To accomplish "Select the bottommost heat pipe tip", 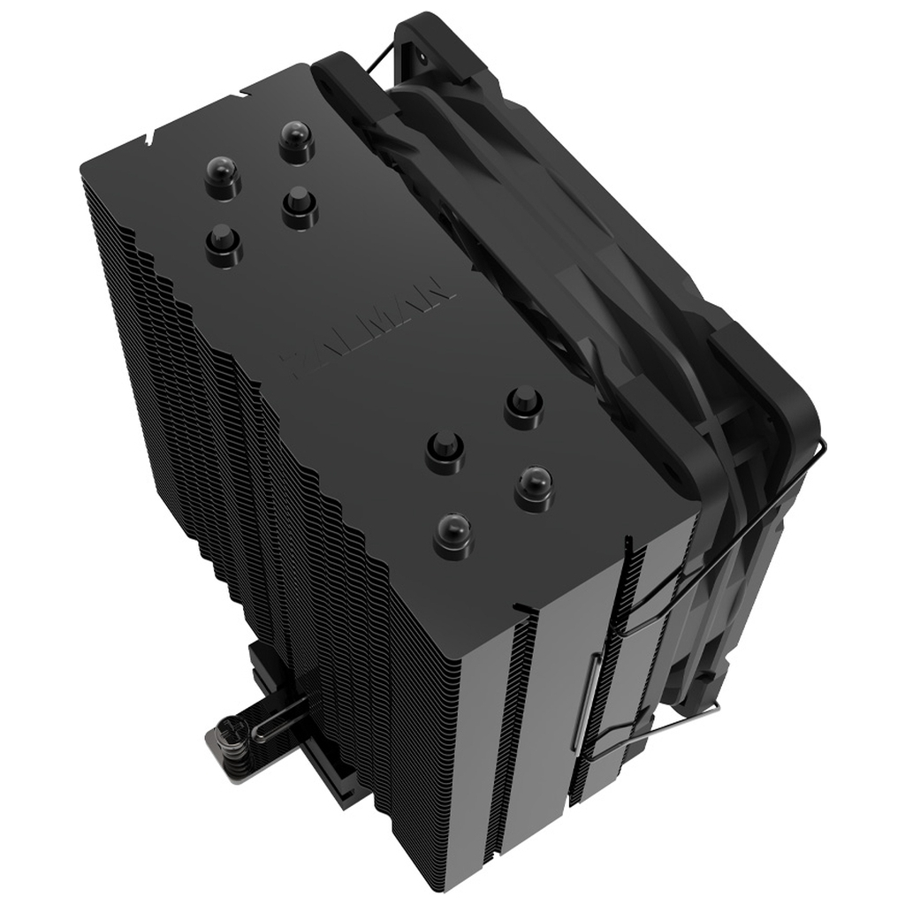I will point(453,534).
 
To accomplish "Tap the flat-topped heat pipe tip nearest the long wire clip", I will point(524,406).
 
